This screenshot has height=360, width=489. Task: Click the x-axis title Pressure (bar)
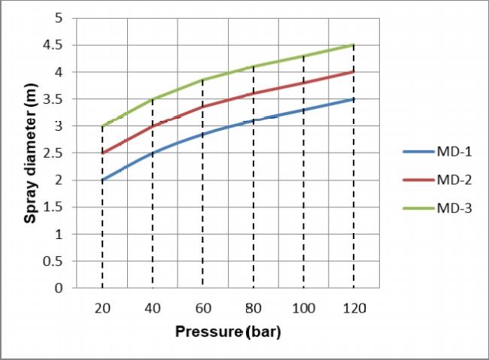tap(227, 331)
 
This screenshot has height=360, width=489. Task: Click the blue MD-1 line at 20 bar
tap(102, 180)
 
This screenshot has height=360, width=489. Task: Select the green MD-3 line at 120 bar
tap(354, 45)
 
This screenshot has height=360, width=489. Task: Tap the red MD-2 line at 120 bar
tap(354, 72)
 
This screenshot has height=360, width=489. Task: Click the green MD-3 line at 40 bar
tap(152, 99)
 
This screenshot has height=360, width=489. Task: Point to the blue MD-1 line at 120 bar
tap(354, 99)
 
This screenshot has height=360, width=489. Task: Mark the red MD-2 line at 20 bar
tap(102, 153)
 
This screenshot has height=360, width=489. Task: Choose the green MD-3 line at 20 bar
tap(102, 126)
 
